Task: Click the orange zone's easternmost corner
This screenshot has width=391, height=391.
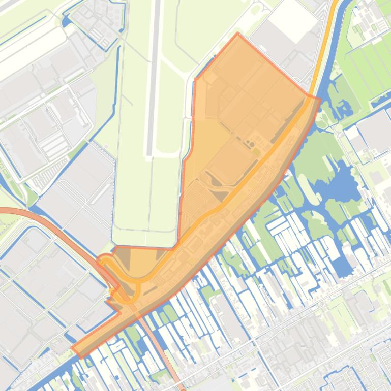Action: point(320,99)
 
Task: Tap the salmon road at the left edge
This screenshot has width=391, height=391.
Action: point(4,212)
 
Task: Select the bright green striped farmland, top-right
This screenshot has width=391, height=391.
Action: point(371,61)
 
